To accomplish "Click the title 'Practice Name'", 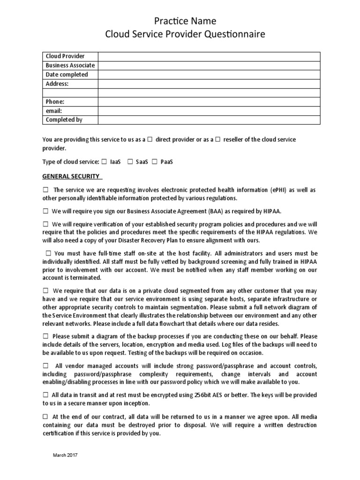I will point(180,21).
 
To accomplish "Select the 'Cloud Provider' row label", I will point(65,56).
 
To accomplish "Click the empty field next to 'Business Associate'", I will point(209,65).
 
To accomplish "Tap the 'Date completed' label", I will point(67,75).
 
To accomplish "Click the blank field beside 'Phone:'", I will point(209,102).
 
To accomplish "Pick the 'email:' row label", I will point(54,111).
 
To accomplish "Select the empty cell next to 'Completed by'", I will point(209,120).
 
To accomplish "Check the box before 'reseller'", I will point(217,140).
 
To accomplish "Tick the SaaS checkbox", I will point(130,162).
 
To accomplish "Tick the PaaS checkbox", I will point(154,162).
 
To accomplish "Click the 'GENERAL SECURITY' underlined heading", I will point(71,176).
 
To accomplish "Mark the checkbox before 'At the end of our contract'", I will point(45,416).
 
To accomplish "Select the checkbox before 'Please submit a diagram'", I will point(45,336).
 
